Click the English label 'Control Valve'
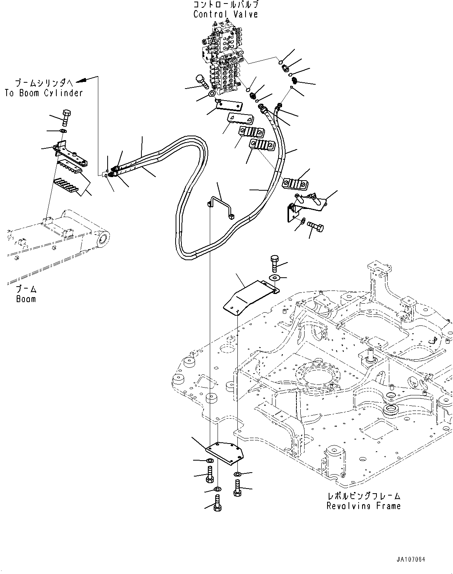pos(226,14)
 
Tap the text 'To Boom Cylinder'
pos(44,93)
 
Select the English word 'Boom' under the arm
pos(26,299)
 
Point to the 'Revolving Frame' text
pos(364,506)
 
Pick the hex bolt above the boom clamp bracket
pos(66,118)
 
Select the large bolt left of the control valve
pos(202,82)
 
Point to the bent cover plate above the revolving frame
pos(251,297)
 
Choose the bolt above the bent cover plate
pos(275,264)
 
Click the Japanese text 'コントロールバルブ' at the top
pos(226,5)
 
